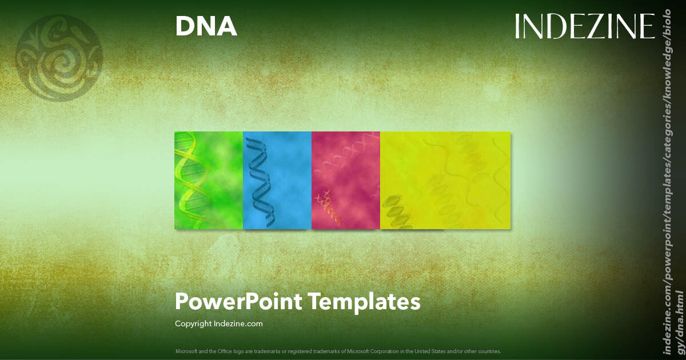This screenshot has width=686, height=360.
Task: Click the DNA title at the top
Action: tap(206, 26)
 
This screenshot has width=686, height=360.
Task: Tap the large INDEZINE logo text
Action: tap(584, 26)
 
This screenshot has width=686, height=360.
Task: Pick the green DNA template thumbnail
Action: tap(209, 180)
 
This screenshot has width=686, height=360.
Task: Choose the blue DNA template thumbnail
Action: tap(277, 180)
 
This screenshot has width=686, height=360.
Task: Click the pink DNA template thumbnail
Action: tap(346, 180)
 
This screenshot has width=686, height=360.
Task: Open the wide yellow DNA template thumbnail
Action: tap(445, 180)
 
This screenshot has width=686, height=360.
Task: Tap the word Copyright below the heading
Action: tap(193, 324)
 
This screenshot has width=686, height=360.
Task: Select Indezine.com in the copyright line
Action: tap(238, 324)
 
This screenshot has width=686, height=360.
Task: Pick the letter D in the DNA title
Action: tap(185, 26)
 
